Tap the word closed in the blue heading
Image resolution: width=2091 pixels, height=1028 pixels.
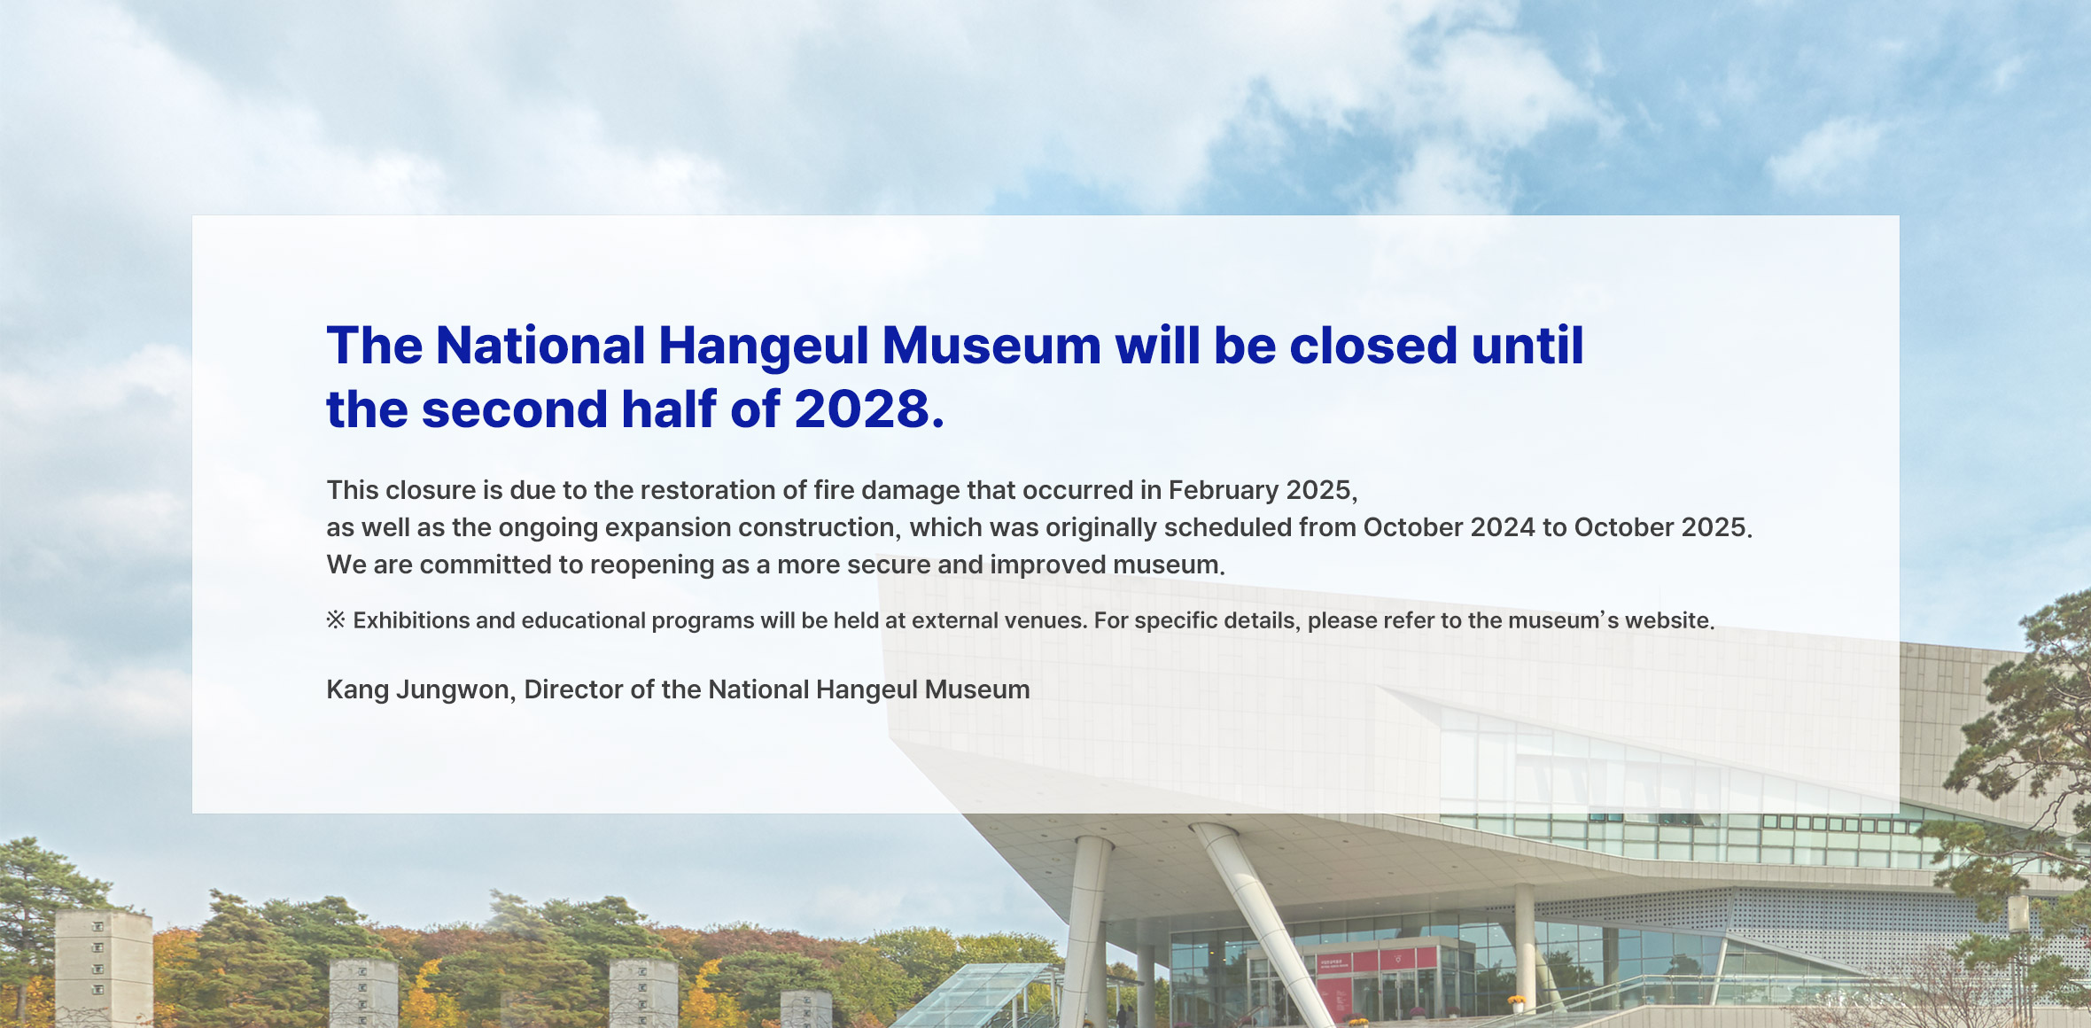tap(1373, 346)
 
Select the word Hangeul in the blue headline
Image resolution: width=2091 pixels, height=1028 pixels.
tap(764, 347)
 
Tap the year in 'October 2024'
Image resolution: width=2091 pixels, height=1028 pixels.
tap(1503, 527)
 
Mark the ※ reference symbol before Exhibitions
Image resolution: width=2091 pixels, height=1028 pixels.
tap(336, 619)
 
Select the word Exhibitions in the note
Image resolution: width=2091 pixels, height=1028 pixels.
tap(412, 620)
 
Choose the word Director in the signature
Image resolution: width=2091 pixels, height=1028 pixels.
tap(573, 689)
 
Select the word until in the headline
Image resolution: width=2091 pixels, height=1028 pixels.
tap(1527, 346)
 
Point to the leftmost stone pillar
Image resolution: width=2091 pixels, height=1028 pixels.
tap(104, 969)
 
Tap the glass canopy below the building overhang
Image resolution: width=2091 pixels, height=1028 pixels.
tap(979, 996)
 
